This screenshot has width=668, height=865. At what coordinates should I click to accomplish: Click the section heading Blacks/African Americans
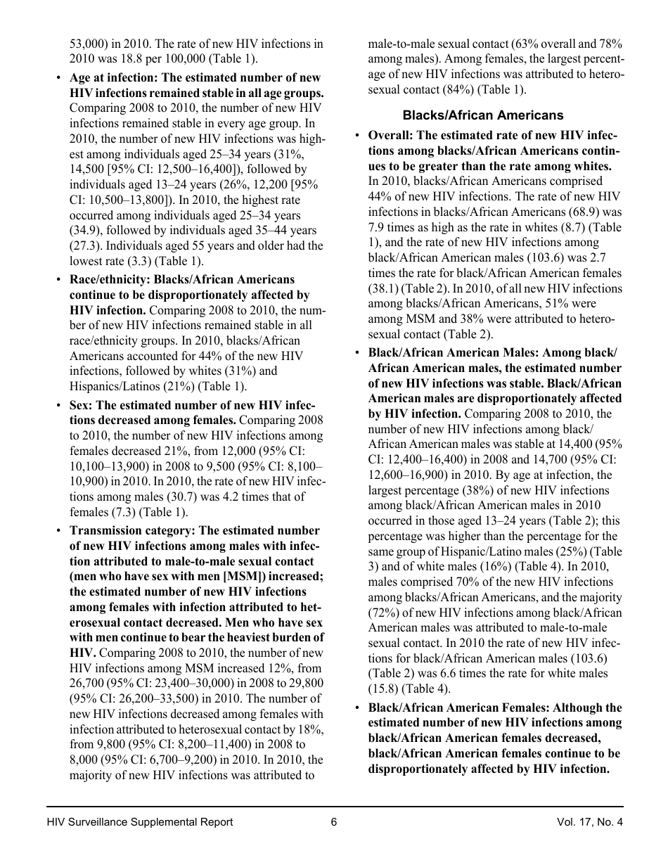482,115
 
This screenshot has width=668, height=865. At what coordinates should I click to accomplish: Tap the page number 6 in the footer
334,822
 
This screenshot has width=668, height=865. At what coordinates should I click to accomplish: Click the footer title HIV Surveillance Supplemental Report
140,822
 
